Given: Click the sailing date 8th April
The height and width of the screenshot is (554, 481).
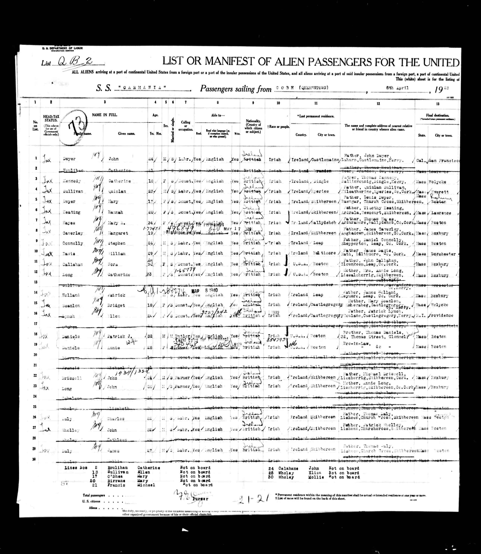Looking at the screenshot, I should point(397,88).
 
